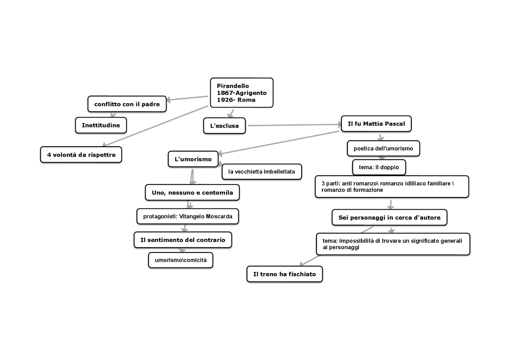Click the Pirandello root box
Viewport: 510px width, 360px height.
coord(241,92)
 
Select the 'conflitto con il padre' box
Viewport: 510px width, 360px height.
coord(127,104)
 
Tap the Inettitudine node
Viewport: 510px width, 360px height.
coord(101,125)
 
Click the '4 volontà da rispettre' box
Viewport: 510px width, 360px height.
coord(81,155)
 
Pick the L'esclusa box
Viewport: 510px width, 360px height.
coord(224,126)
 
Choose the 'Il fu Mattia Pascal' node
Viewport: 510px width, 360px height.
coord(376,124)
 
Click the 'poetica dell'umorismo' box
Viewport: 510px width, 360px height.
coord(383,148)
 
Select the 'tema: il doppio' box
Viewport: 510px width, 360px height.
coord(379,167)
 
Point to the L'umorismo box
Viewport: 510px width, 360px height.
coord(193,159)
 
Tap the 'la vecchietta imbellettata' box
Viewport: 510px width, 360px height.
coord(261,171)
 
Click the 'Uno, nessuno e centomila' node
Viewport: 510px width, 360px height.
coord(192,193)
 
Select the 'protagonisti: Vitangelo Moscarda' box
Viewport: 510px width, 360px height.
coord(187,216)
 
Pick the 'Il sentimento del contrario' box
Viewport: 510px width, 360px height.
coord(182,240)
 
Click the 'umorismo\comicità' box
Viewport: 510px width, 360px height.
coord(180,260)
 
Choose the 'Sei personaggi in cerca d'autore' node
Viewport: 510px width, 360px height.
coord(389,217)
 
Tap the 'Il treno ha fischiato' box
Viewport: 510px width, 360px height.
coord(284,274)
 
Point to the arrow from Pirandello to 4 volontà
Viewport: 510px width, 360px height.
coord(155,126)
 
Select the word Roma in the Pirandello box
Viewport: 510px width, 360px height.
coord(246,100)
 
